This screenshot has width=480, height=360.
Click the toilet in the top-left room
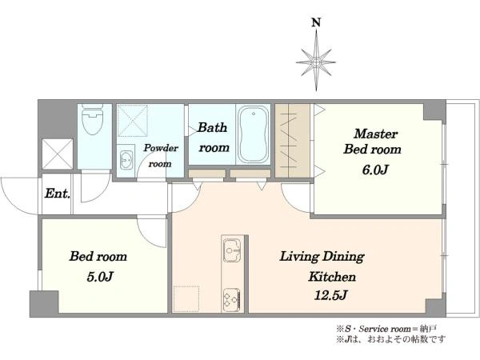point(93,119)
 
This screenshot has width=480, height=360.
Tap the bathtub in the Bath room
point(253,134)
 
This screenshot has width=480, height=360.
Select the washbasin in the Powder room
point(126,158)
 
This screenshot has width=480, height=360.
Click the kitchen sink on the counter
point(232,250)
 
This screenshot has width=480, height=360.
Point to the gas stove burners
point(232,298)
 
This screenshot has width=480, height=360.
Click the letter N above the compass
point(316,22)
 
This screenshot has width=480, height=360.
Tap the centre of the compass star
point(316,62)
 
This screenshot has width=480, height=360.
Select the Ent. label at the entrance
point(58,194)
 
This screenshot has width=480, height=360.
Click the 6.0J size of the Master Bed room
point(375,170)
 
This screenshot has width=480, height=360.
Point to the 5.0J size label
point(100,277)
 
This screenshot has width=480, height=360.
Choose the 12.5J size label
point(330,295)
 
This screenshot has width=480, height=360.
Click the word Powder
point(161,148)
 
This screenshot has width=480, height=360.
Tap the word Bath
point(212,127)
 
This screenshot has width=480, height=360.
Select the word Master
point(376,134)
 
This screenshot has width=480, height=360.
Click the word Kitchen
point(332,277)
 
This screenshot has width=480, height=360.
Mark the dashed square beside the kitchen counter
point(186,298)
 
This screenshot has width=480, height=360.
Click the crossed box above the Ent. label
point(58,154)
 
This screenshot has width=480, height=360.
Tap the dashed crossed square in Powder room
point(133,120)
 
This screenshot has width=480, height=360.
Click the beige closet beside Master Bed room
point(293,141)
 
